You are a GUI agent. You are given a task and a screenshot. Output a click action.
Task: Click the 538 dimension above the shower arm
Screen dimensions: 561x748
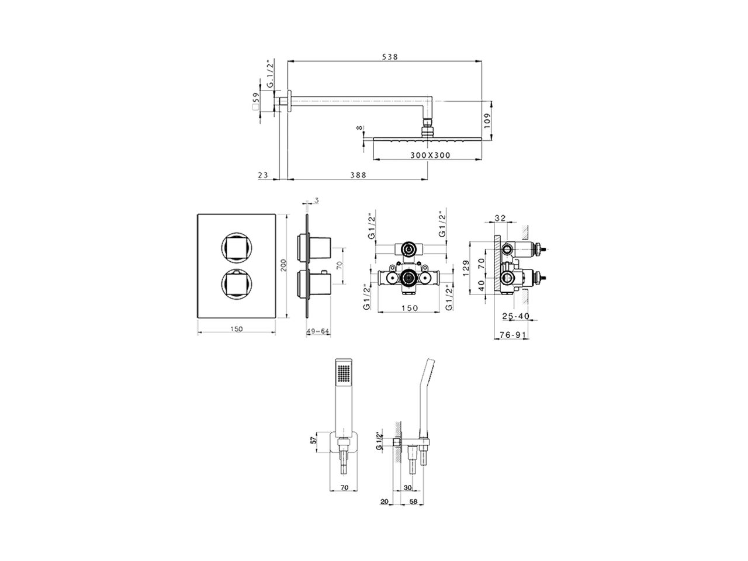(390, 57)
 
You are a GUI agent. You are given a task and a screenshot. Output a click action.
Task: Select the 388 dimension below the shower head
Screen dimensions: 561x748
(359, 175)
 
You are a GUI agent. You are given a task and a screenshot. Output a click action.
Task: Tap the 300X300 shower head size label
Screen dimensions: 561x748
(430, 155)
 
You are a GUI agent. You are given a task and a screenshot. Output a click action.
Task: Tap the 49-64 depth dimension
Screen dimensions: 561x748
(318, 331)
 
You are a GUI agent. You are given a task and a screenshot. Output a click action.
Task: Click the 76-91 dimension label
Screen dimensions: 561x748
(514, 335)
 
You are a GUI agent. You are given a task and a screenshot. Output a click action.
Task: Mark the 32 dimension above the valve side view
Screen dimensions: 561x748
(500, 218)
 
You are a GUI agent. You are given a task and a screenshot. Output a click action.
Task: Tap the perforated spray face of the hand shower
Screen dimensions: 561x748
(344, 372)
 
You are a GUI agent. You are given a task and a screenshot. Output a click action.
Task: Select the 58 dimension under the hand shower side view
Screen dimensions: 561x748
(413, 501)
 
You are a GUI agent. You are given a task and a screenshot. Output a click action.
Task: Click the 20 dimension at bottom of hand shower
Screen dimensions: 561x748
(384, 501)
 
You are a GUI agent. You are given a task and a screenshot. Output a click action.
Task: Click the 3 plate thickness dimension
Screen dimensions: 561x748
(316, 201)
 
